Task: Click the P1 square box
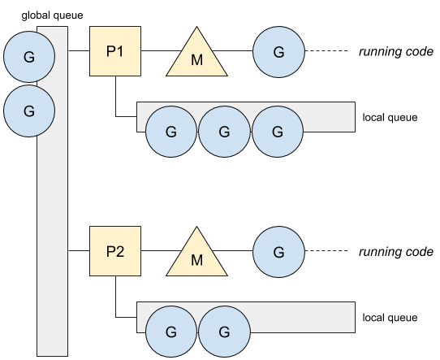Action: point(115,51)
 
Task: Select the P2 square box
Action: point(115,251)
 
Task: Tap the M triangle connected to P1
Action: point(196,56)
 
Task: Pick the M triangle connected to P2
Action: point(196,256)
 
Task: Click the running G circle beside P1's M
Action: point(278,52)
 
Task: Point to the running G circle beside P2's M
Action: point(278,252)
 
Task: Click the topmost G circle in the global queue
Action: point(29,57)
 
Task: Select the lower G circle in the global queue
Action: point(29,111)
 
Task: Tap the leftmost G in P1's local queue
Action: point(171,132)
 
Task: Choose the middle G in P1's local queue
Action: point(224,132)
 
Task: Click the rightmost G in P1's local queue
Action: point(278,132)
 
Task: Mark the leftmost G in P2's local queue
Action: point(171,332)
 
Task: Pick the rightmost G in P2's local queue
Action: point(224,332)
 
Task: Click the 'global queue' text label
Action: point(52,15)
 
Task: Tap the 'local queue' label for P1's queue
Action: point(390,117)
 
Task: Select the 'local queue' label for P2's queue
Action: point(390,318)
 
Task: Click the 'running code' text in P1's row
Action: point(396,52)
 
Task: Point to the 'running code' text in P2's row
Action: point(396,252)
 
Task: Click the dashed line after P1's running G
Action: point(326,51)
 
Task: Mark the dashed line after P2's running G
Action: point(326,251)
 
